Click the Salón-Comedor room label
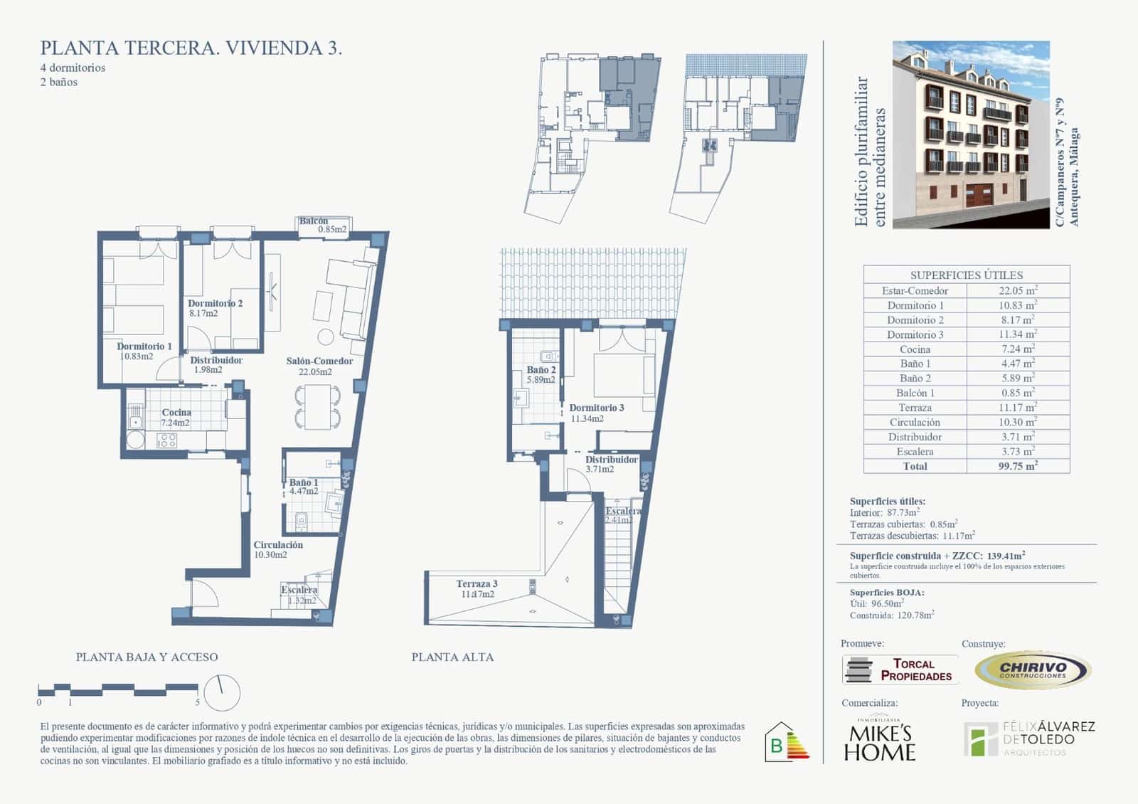[319, 361]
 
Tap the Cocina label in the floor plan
[176, 413]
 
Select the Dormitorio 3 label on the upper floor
[597, 408]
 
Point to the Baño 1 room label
[304, 483]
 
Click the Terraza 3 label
[477, 584]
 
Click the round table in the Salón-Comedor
[326, 337]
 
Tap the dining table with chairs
[317, 407]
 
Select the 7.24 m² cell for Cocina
[1018, 349]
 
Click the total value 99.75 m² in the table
[1018, 466]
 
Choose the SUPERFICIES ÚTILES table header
[967, 275]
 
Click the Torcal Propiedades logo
[900, 670]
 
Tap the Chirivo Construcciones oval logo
[1033, 670]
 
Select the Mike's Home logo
[880, 740]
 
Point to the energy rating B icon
[786, 743]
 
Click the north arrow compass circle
[222, 692]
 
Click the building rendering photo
[971, 134]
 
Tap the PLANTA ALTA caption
[452, 657]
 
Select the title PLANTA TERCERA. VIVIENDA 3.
[191, 48]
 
